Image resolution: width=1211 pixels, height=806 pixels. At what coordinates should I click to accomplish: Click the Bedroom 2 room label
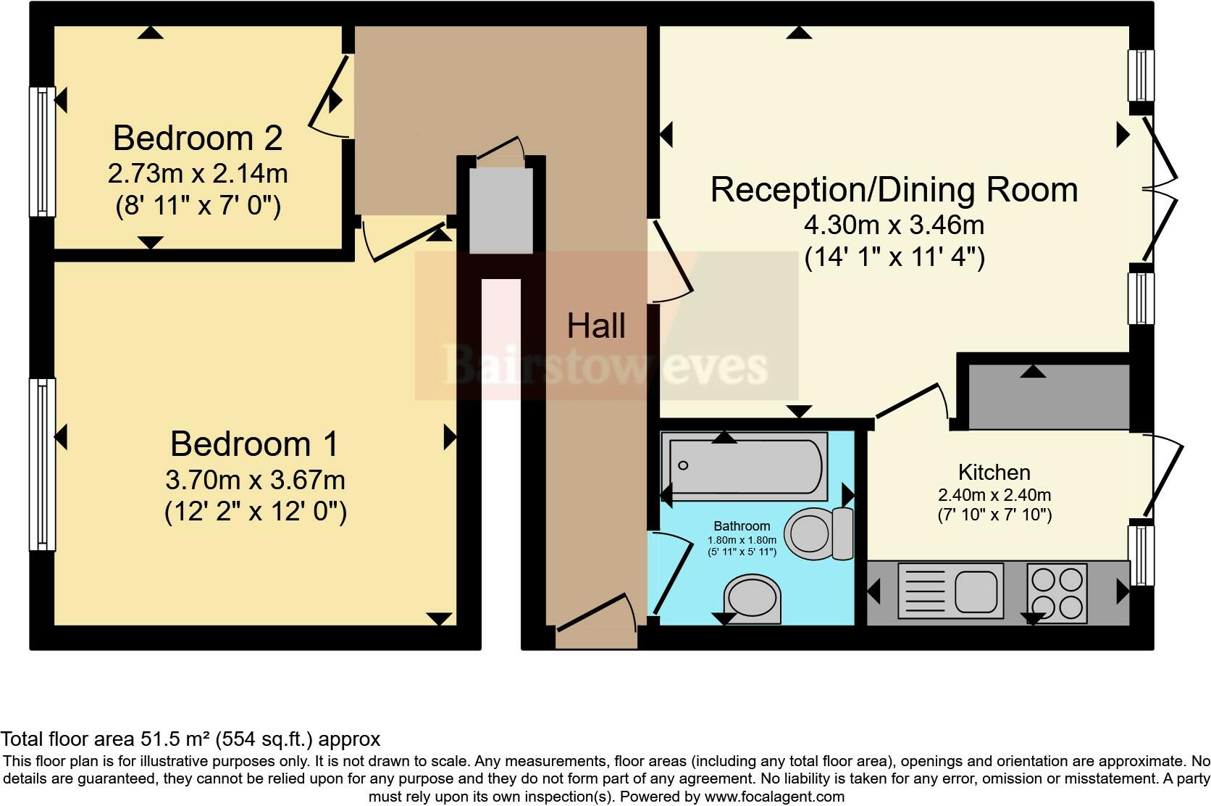(198, 138)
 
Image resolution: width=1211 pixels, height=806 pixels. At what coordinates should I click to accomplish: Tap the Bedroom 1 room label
(255, 444)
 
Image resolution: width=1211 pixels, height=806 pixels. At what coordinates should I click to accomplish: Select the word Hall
(596, 325)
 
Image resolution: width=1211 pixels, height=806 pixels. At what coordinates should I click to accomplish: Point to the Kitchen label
(994, 473)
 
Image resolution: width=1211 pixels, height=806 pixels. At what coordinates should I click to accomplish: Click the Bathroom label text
(742, 525)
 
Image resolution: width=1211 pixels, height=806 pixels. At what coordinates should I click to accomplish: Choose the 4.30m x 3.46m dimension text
(894, 225)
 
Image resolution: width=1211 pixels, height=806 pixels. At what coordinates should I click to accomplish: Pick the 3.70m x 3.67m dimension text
(255, 480)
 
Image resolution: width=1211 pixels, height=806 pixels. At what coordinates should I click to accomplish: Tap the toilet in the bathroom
(818, 533)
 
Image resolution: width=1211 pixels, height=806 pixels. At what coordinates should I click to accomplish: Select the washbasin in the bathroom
(752, 599)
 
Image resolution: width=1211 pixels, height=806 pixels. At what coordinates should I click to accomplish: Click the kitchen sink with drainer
(950, 591)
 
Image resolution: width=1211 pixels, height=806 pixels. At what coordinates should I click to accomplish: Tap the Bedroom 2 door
(330, 97)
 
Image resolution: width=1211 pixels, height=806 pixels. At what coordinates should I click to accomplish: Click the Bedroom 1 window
(42, 465)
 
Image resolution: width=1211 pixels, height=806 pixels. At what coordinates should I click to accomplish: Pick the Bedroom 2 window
(42, 151)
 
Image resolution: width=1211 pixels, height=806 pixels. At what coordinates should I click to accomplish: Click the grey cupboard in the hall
(500, 210)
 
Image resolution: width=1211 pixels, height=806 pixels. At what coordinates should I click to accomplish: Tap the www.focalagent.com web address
(774, 797)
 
